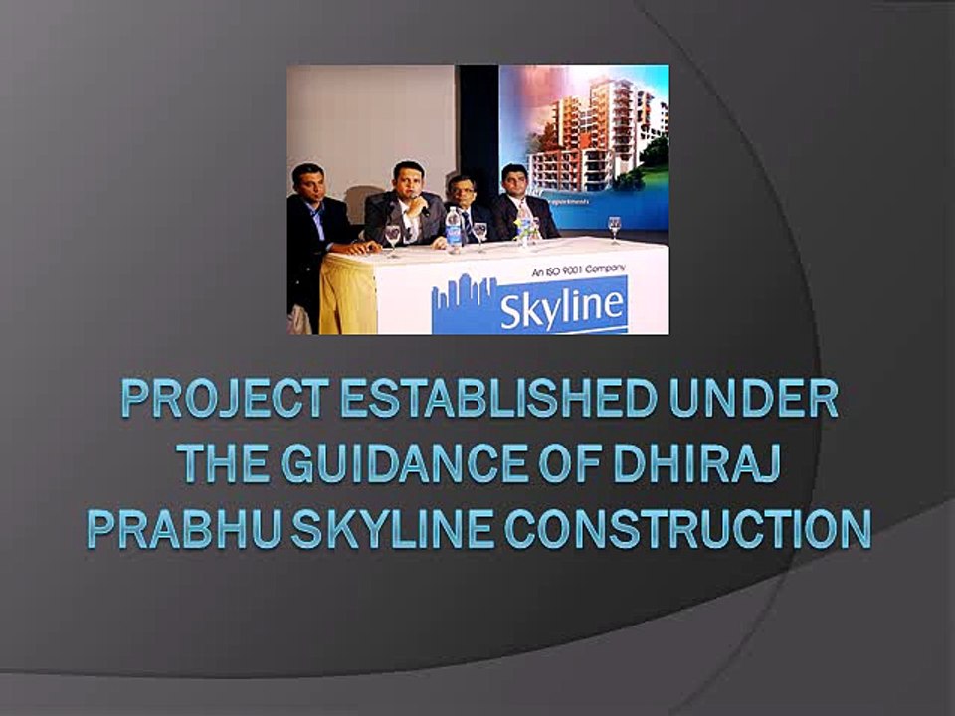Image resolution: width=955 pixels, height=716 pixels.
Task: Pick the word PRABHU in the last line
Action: coord(173,529)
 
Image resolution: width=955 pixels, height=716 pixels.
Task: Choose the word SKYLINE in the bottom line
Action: coord(383,529)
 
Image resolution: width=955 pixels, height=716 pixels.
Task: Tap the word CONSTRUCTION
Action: coord(687,529)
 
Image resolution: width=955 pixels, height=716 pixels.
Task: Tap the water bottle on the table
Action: coord(454,229)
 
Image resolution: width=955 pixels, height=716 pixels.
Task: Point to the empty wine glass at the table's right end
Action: coord(614,228)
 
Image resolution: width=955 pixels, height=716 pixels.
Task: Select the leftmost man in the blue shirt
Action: coord(311,214)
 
